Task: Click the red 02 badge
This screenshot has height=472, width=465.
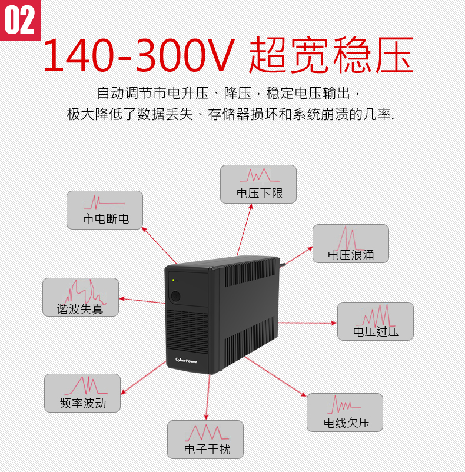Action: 20,20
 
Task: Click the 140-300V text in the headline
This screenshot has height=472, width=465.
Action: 138,55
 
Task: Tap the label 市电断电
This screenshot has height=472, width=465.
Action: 106,218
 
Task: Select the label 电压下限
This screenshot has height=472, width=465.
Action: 260,193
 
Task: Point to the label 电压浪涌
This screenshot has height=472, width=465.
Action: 351,255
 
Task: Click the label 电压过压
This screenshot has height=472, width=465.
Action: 376,331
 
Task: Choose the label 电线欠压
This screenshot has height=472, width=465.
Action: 347,423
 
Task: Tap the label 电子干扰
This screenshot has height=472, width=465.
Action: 207,450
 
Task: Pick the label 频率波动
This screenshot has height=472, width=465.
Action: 83,403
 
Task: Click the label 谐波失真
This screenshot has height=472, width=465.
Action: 81,309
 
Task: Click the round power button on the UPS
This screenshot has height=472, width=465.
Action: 175,296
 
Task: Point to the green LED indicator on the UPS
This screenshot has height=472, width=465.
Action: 174,280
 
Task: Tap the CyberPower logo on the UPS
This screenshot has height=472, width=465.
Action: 186,360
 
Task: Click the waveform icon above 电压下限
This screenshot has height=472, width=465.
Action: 260,175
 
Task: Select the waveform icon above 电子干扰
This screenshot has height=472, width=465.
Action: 207,433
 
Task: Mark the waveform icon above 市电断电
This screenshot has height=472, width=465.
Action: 104,202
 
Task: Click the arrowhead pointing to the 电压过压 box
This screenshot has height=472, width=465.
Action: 334,323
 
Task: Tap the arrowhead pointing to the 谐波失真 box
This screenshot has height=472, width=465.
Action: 122,298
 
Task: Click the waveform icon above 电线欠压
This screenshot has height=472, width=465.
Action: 344,404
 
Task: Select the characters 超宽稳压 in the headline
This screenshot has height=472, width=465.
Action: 331,55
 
